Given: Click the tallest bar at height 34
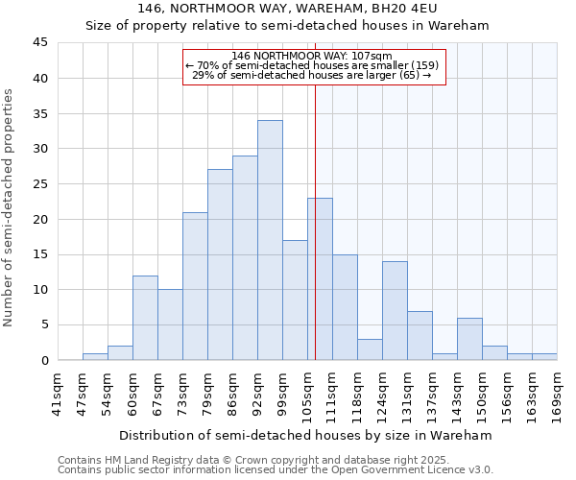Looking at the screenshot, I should (x=270, y=240).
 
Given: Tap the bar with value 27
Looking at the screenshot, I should (x=220, y=265).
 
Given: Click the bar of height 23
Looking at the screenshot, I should (x=320, y=278).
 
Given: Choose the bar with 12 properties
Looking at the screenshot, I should (x=145, y=318).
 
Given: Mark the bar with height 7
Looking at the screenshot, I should (x=420, y=336).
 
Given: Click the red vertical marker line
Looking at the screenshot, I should (x=315, y=221).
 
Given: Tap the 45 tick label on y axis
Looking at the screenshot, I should (x=40, y=43).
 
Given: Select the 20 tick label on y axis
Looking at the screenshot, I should (x=40, y=219).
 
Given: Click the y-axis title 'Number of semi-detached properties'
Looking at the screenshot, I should (x=10, y=207).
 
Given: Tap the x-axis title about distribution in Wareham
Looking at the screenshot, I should (x=306, y=435).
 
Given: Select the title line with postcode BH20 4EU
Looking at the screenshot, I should (x=287, y=9).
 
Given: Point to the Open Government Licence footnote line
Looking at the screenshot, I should (x=275, y=470).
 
